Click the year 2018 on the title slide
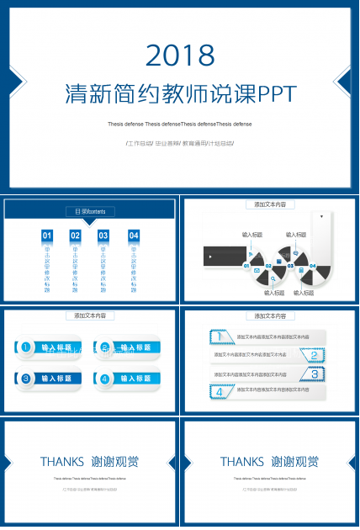coord(180,56)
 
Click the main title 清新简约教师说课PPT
coord(180,92)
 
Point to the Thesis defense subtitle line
coord(179,124)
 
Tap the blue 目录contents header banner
coord(90,211)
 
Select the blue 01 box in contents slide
coord(47,236)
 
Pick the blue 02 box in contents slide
coord(75,236)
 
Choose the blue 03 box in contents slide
coord(103,236)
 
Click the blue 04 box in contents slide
coord(133,236)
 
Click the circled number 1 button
coord(26,347)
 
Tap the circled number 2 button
coord(105,347)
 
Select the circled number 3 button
coord(26,379)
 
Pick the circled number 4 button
coord(105,379)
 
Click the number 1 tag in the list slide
coord(220,337)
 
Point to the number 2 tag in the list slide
coord(313,355)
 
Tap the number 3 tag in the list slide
coord(313,374)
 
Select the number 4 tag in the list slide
coord(220,391)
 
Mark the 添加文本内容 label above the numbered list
coord(270,316)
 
